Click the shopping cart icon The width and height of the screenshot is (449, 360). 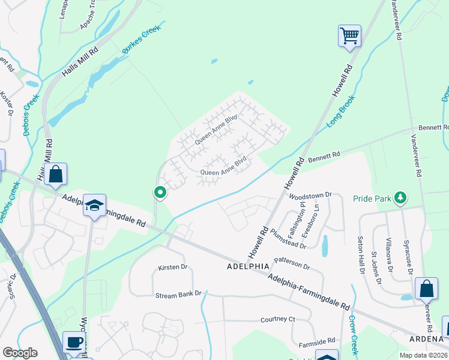(x=349, y=35)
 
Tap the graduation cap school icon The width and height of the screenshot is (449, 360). (x=94, y=205)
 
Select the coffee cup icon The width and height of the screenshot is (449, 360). (x=74, y=343)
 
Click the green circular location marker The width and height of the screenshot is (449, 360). (x=160, y=193)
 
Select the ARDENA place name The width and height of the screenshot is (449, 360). (x=427, y=354)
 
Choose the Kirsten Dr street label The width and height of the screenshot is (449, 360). (x=173, y=266)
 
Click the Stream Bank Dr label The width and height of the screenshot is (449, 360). (x=175, y=295)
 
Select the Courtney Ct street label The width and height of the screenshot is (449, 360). (x=278, y=319)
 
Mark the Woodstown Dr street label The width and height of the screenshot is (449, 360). (x=310, y=195)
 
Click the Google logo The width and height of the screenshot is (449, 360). (x=20, y=353)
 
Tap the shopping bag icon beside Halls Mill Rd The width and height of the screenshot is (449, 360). (x=55, y=174)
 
